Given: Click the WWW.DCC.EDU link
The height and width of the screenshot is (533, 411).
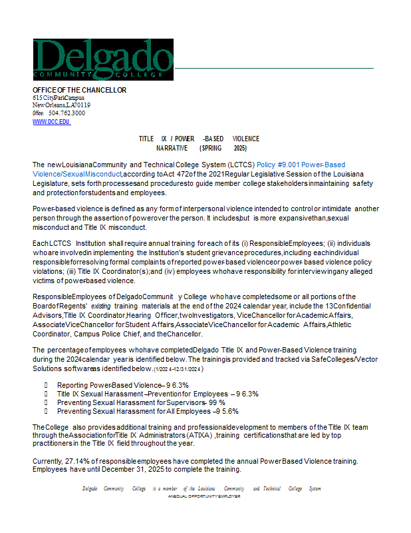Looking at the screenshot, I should click(51, 122).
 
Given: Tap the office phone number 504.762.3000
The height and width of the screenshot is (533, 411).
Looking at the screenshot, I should click(67, 113).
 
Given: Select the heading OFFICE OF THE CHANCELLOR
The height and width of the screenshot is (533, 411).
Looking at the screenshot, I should click(79, 90).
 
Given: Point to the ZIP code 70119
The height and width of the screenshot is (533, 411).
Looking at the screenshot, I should click(82, 105).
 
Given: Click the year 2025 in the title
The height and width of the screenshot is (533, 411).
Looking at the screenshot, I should click(240, 148).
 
